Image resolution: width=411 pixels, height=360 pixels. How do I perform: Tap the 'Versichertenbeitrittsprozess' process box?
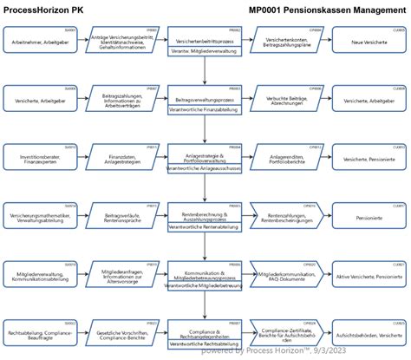point(205,40)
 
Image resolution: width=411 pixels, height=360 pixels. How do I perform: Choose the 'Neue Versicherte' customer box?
point(369,42)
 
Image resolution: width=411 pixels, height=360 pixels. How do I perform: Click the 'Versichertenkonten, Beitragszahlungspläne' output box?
point(287,42)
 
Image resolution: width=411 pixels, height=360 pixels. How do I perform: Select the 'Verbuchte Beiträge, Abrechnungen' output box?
point(287,101)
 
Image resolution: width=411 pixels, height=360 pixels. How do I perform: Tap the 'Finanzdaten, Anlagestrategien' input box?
point(123,160)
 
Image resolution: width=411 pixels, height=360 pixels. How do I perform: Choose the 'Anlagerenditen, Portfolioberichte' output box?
point(287,160)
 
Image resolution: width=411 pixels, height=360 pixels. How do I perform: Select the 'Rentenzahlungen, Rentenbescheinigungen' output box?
point(287,218)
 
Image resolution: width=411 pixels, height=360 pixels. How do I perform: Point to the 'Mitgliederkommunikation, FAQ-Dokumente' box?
point(287,276)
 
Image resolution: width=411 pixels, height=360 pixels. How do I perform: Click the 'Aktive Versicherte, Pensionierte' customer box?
point(369,276)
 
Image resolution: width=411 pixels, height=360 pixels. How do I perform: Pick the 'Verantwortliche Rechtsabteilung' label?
point(205,344)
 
